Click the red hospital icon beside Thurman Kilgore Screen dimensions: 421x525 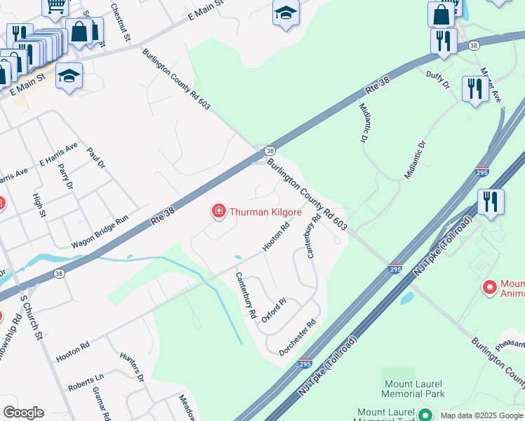pos(219,210)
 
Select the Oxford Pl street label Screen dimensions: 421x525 pos(274,310)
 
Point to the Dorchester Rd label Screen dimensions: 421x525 pos(298,336)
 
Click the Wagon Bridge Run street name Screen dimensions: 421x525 pos(100,232)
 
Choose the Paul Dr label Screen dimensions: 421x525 pos(95,158)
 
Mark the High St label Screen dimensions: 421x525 pos(39,203)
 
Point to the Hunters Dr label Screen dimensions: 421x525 pos(131,367)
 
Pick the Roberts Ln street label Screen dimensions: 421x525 pos(86,383)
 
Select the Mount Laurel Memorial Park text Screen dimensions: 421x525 pos(414,389)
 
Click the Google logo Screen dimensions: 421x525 pos(23,413)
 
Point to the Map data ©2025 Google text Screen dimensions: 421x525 pos(481,415)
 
